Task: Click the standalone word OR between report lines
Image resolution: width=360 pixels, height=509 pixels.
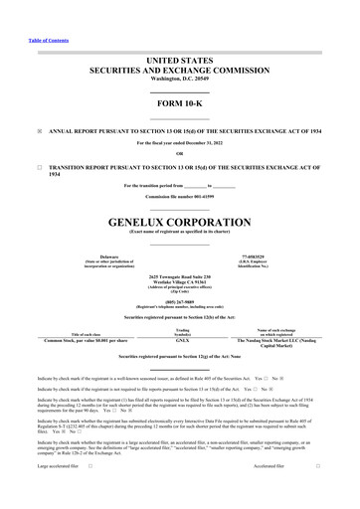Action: coord(180,152)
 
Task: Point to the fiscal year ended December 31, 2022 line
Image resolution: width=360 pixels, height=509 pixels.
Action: coord(180,143)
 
